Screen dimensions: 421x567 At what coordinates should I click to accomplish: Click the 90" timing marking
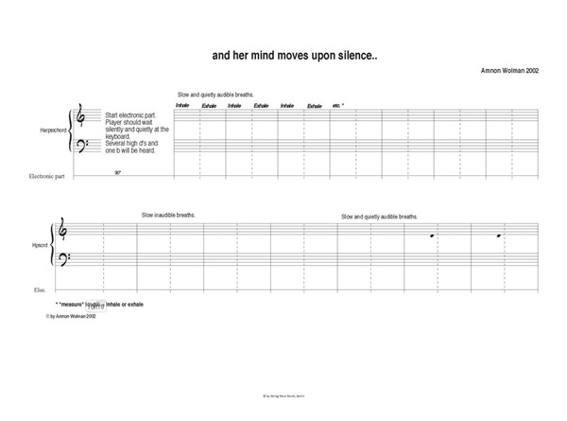coord(118,173)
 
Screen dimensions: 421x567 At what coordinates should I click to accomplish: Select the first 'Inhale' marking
coord(182,106)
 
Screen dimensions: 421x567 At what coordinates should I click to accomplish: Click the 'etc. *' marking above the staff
coord(337,106)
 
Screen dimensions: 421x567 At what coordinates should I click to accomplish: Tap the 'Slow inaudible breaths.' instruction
coord(169,216)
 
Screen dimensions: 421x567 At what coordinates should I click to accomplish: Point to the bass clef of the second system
coord(63,260)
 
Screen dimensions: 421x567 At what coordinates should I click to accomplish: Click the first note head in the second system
coord(432,236)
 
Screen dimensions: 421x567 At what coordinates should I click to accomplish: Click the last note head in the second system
coord(501,234)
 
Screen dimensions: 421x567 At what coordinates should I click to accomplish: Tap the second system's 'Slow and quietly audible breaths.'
coord(379,217)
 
